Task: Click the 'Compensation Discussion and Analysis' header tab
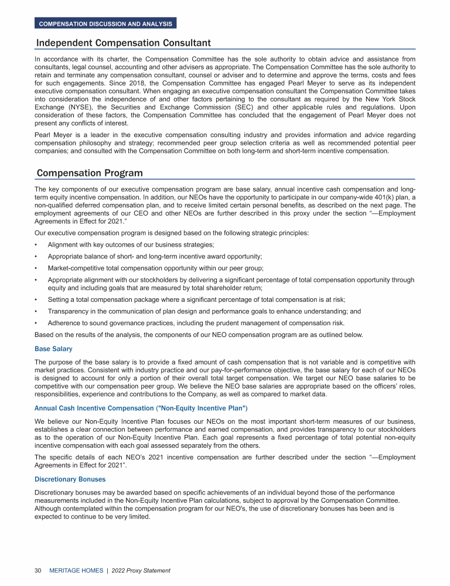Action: (x=105, y=24)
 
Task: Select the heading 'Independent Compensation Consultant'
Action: (x=124, y=43)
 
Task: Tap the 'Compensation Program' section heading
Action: (x=90, y=173)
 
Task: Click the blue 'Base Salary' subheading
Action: (x=54, y=349)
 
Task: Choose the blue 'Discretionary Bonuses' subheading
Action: (x=70, y=479)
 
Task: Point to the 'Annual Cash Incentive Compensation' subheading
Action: (x=141, y=408)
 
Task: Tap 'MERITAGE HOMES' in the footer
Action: (x=77, y=570)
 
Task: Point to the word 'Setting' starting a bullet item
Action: (x=59, y=300)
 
